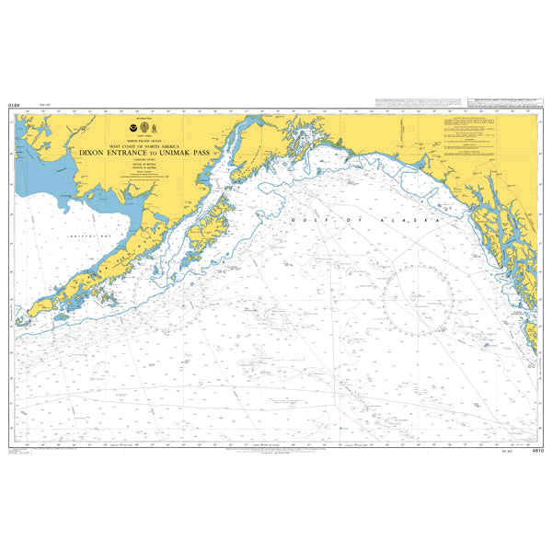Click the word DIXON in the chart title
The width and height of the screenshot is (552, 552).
point(90,152)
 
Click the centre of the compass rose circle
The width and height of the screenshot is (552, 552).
point(419,298)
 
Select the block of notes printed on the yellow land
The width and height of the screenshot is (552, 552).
point(479,138)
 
